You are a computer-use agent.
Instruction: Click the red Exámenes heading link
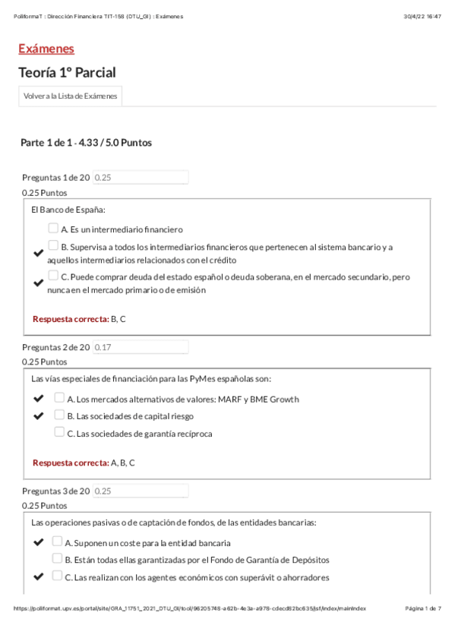click(46, 49)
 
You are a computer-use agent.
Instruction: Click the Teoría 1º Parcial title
click(68, 73)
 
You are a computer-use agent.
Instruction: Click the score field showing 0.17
click(140, 346)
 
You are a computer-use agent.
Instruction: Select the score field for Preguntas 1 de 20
click(140, 177)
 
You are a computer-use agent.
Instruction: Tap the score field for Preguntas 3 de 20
click(140, 491)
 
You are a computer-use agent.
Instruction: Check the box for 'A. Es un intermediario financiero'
click(53, 228)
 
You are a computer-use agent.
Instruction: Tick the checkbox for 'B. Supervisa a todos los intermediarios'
click(53, 245)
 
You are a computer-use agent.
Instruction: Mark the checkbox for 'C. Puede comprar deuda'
click(53, 276)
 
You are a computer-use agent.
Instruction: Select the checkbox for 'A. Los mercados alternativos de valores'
click(59, 397)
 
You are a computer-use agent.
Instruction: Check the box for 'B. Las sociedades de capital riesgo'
click(59, 415)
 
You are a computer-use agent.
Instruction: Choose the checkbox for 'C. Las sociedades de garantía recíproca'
click(59, 432)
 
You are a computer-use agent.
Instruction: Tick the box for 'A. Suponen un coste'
click(57, 541)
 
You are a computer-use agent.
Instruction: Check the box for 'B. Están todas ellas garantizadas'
click(57, 558)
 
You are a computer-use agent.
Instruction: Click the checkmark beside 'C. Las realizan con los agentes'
click(39, 576)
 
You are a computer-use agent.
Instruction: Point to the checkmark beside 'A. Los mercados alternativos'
click(39, 398)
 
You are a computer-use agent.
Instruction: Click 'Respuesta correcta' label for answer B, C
click(71, 319)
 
